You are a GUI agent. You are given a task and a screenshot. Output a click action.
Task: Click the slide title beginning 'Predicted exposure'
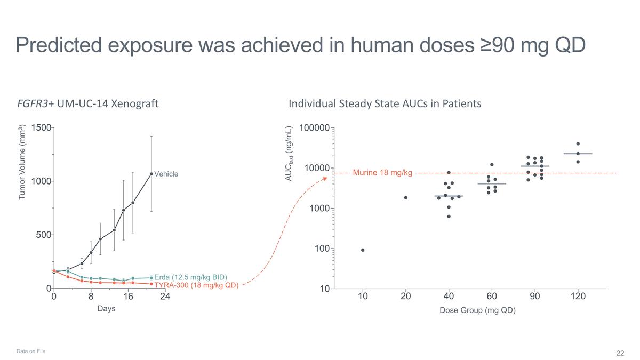coord(301,45)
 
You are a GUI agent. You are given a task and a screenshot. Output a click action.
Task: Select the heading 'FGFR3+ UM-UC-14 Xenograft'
coord(88,103)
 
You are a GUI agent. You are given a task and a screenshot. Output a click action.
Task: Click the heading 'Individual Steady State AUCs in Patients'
coord(385,103)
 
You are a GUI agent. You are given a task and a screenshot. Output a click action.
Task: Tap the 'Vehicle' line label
coord(166,174)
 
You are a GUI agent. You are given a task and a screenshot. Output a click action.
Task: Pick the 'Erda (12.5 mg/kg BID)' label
coord(190,277)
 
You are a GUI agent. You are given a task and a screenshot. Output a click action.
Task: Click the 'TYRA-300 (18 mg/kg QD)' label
coord(196,285)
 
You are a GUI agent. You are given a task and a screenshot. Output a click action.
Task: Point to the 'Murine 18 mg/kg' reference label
coord(382,173)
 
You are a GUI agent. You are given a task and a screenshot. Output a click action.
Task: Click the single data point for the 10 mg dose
coord(363,250)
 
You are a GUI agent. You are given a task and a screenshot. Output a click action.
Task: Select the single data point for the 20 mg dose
coord(406,198)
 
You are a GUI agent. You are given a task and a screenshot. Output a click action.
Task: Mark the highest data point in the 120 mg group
coord(578,143)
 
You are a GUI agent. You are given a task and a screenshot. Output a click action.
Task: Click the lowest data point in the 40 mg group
coord(449,217)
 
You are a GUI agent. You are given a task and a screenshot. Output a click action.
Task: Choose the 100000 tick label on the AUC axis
coord(314,128)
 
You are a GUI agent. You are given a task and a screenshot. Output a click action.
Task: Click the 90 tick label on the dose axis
coord(535,297)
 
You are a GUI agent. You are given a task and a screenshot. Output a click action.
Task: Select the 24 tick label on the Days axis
coord(165,297)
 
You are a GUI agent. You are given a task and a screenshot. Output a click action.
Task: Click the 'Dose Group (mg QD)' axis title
coord(477,310)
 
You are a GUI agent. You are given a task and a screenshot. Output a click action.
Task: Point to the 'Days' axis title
coord(106,309)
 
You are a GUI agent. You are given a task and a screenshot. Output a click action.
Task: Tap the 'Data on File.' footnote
coord(31,351)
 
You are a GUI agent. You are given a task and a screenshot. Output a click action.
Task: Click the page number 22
coord(620,353)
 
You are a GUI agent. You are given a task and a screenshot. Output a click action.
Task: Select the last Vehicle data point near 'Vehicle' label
coord(151,173)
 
